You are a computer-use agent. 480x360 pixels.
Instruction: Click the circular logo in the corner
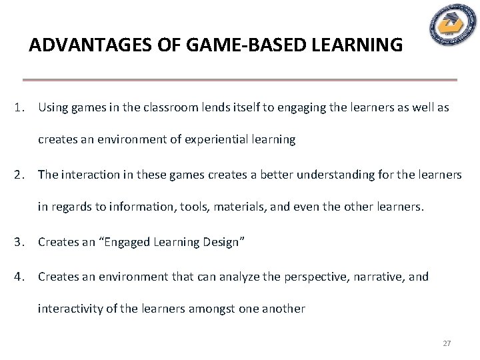(452, 25)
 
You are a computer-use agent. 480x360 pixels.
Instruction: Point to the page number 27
(447, 343)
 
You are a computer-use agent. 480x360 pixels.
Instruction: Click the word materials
(219, 207)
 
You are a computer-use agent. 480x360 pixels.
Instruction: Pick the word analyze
(247, 276)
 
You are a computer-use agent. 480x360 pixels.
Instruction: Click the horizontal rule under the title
(240, 80)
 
